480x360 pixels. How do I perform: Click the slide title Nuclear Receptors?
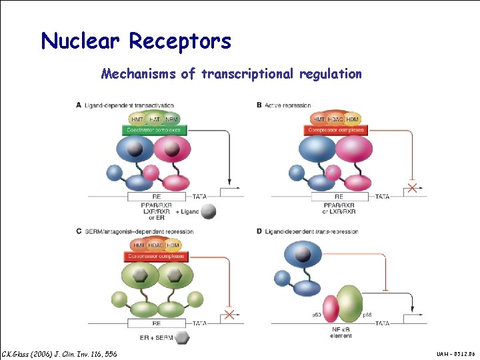point(136,41)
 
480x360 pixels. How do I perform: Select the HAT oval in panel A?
point(155,119)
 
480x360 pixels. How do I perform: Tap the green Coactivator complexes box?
point(155,130)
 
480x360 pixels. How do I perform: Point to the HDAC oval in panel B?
point(335,119)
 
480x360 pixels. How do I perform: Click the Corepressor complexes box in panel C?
point(155,256)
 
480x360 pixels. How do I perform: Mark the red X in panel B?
point(413,189)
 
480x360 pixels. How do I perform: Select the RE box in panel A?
point(157,197)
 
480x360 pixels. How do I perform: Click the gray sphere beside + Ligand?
point(209,211)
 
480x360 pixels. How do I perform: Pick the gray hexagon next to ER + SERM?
point(182,338)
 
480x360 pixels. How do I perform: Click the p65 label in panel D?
point(366,313)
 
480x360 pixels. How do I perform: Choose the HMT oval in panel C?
point(136,245)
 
